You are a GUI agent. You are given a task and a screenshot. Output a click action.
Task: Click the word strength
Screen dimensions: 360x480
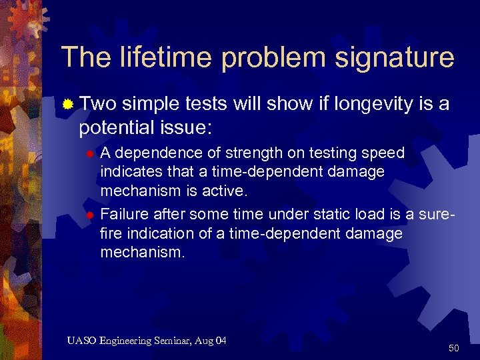tap(245, 153)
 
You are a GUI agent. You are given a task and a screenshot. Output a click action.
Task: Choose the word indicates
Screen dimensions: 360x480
tap(127, 171)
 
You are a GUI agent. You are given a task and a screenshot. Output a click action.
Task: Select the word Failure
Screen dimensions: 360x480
tap(124, 215)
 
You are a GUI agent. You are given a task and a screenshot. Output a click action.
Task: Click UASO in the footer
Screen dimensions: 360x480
tap(81, 341)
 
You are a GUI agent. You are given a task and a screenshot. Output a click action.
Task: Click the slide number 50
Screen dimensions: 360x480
tap(454, 348)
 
